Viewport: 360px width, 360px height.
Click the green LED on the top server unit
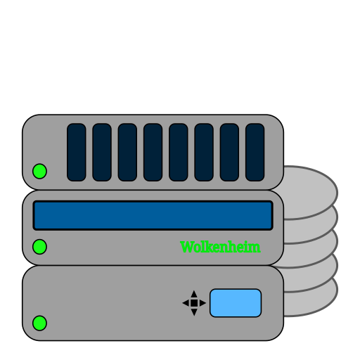point(39,171)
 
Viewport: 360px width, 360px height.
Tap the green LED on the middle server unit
point(39,247)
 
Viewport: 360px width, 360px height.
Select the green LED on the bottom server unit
point(39,323)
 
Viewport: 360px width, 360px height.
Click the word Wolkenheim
point(220,247)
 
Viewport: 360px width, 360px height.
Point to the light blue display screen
point(236,303)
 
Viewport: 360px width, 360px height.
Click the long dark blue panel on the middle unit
point(153,215)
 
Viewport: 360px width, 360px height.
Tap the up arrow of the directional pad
point(194,295)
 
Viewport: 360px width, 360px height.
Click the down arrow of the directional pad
point(194,312)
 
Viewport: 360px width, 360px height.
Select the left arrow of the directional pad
point(186,303)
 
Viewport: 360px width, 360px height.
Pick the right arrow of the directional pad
point(202,303)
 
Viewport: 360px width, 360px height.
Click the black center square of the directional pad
point(194,303)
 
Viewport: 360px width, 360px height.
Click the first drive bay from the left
point(77,153)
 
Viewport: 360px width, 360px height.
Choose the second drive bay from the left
point(102,153)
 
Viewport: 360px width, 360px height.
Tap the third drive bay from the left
point(127,153)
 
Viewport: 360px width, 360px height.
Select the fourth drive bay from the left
point(153,153)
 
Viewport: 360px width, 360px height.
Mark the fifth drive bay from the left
point(179,153)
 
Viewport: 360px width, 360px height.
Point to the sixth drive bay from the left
point(204,153)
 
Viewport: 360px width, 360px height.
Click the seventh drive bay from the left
point(229,153)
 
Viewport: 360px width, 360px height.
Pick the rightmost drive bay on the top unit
point(255,153)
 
